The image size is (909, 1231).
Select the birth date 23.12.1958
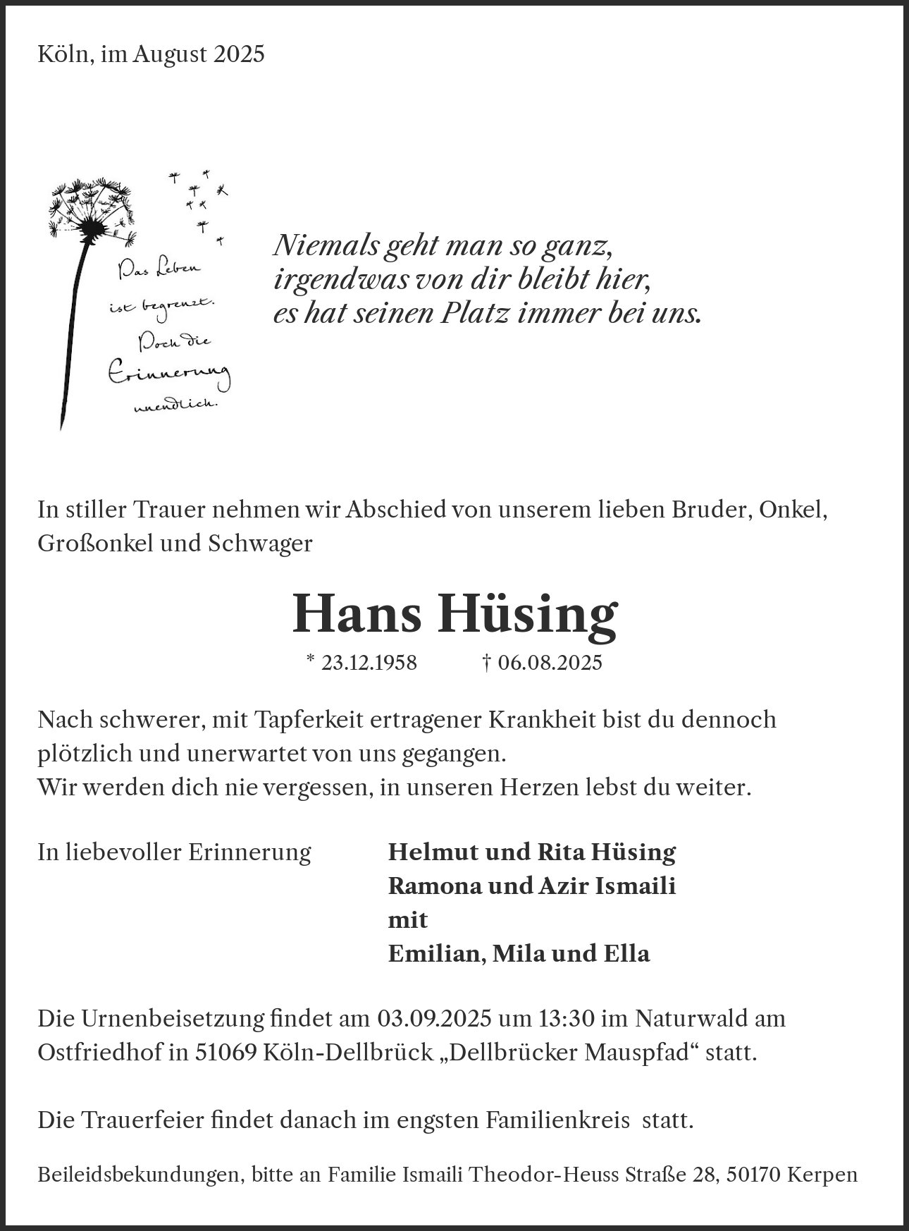369,663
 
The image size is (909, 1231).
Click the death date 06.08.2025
550,663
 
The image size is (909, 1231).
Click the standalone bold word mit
408,919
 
